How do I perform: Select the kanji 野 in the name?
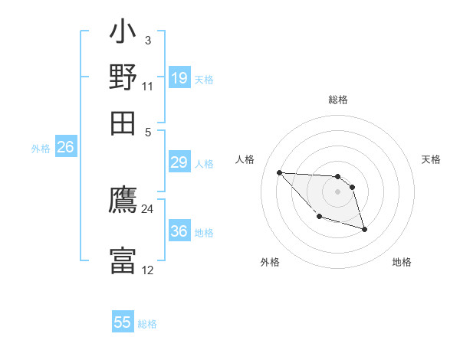(x=123, y=78)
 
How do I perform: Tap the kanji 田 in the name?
(x=123, y=123)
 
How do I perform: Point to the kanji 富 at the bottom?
(x=123, y=260)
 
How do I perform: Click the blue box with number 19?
(x=179, y=78)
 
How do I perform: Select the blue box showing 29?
(x=179, y=162)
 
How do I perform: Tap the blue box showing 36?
(x=179, y=231)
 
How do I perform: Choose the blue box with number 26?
(x=65, y=148)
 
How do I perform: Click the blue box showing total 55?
(x=123, y=322)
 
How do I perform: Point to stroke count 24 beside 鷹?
(x=147, y=209)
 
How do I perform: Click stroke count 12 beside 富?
(x=147, y=270)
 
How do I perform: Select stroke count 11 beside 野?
(x=147, y=86)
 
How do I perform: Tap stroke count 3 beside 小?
(x=147, y=40)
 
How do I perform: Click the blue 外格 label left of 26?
(x=41, y=149)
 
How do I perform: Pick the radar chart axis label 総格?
(x=337, y=100)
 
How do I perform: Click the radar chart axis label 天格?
(x=431, y=159)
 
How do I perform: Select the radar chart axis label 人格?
(x=245, y=159)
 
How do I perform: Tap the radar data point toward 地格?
(x=364, y=229)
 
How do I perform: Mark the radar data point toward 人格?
(x=279, y=172)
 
